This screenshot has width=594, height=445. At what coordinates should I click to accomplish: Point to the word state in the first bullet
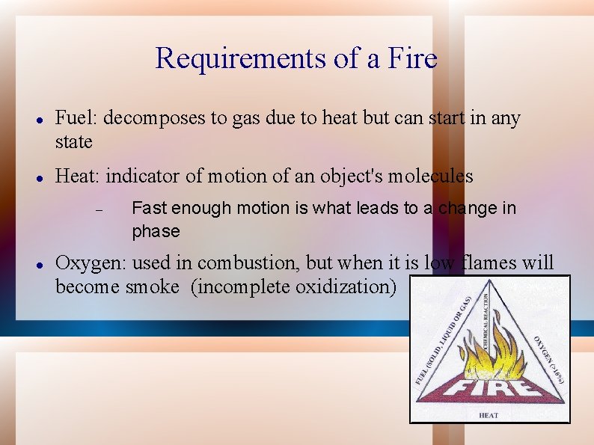pos(74,141)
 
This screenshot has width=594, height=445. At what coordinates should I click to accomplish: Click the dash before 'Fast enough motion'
pos(99,209)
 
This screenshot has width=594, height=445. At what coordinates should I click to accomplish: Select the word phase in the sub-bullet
pos(156,232)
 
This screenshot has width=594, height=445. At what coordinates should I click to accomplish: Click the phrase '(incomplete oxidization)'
pos(294,286)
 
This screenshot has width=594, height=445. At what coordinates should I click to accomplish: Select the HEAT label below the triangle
pos(489,415)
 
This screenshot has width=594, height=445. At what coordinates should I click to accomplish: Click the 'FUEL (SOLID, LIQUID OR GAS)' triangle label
pos(444,340)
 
